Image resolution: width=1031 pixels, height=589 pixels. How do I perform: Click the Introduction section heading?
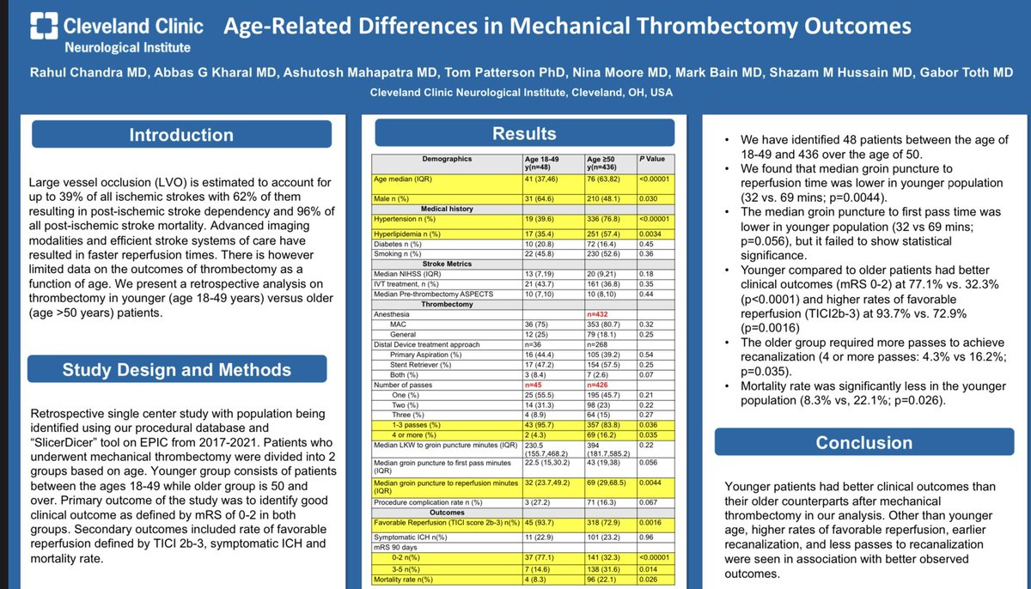[x=181, y=135]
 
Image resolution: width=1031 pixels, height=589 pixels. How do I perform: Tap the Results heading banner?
[x=524, y=134]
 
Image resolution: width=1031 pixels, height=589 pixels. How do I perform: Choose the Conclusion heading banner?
[x=864, y=443]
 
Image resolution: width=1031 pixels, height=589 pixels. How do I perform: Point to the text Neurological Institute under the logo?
[x=128, y=48]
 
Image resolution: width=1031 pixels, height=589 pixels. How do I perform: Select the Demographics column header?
[x=447, y=159]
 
